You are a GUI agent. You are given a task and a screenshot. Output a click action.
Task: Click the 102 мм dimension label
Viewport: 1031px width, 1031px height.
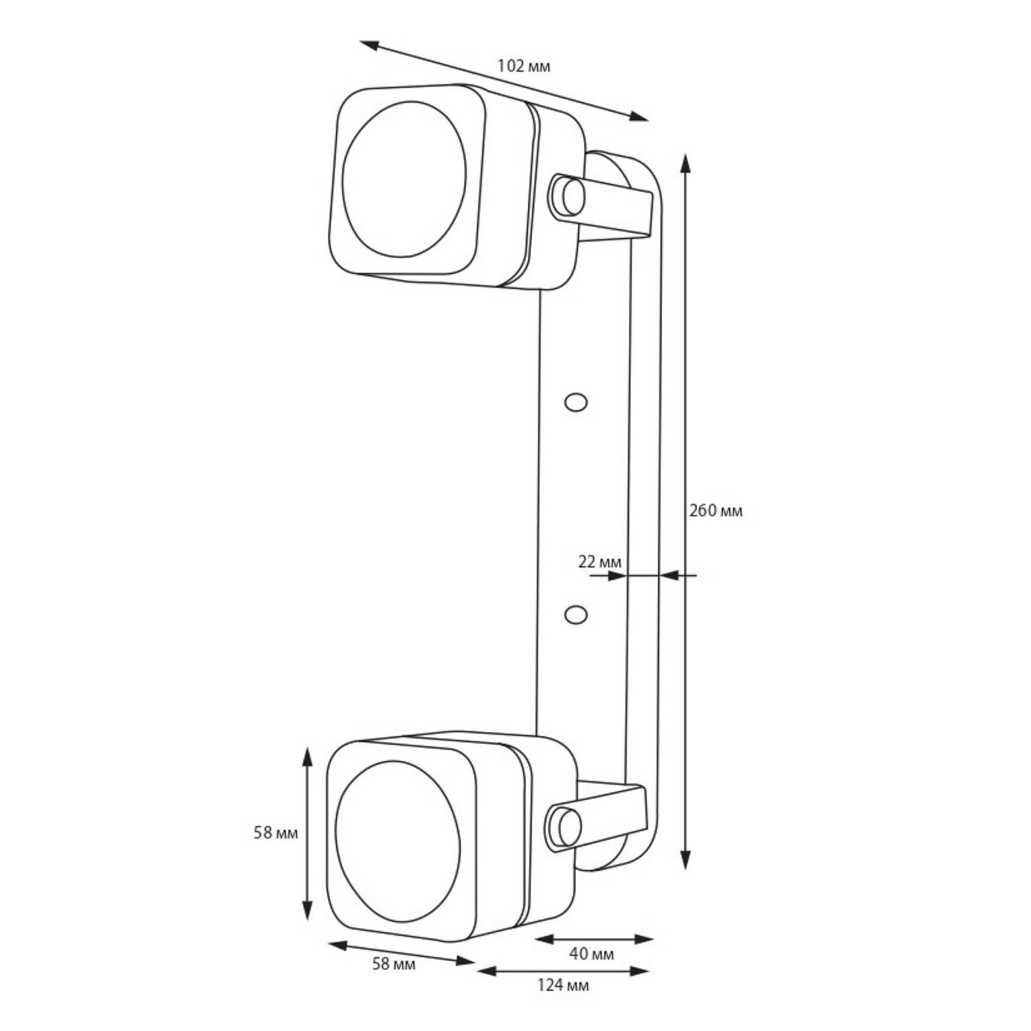[x=524, y=66]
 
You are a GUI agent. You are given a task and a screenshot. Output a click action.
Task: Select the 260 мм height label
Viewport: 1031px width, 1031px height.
[x=716, y=511]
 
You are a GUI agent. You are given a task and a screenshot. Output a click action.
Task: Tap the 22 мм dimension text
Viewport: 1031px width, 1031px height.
[x=599, y=562]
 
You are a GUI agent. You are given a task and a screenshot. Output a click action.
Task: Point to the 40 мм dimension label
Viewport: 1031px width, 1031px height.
[x=591, y=953]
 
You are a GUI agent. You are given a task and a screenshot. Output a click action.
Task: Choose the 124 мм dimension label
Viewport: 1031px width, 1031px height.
[x=563, y=985]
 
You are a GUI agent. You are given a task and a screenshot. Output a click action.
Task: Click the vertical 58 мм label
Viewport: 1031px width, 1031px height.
[x=276, y=832]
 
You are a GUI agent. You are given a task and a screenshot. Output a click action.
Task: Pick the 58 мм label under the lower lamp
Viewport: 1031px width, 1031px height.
[x=394, y=964]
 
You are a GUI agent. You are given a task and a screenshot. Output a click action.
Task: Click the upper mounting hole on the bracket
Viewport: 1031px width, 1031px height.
[x=575, y=402]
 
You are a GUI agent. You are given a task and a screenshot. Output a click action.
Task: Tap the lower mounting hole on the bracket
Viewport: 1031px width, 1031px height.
[x=575, y=614]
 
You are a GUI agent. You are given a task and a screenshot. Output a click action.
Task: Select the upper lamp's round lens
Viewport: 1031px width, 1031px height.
[x=403, y=179]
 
